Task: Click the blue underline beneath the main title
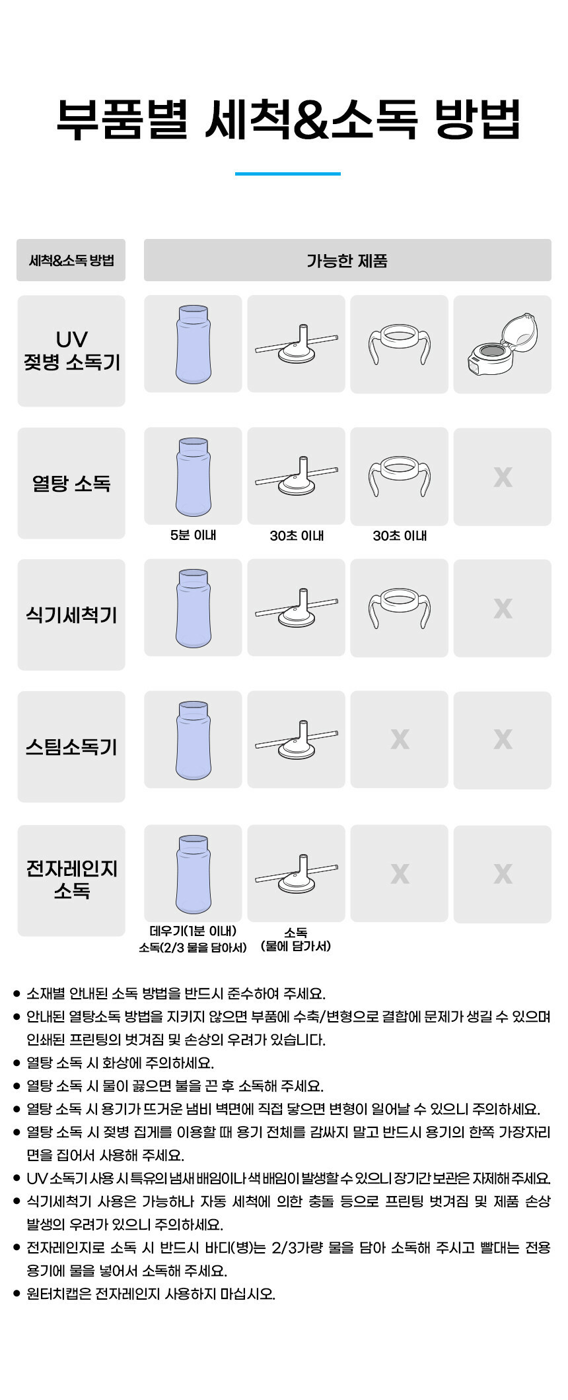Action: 287,174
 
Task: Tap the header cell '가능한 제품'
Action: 347,260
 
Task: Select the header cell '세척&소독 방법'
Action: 71,260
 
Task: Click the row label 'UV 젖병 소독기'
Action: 71,350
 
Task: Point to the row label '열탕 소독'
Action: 71,483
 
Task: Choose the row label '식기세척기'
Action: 71,615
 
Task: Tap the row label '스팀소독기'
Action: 71,747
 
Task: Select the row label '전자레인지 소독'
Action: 71,879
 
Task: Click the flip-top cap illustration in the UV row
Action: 502,344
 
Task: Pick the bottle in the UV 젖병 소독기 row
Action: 194,344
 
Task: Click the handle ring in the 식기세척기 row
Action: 399,608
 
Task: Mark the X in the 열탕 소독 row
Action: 503,477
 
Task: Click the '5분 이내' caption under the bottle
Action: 193,535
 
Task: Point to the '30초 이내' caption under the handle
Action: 400,536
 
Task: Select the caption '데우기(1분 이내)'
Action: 193,931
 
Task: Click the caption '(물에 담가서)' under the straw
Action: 296,947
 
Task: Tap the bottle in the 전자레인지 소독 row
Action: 194,873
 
